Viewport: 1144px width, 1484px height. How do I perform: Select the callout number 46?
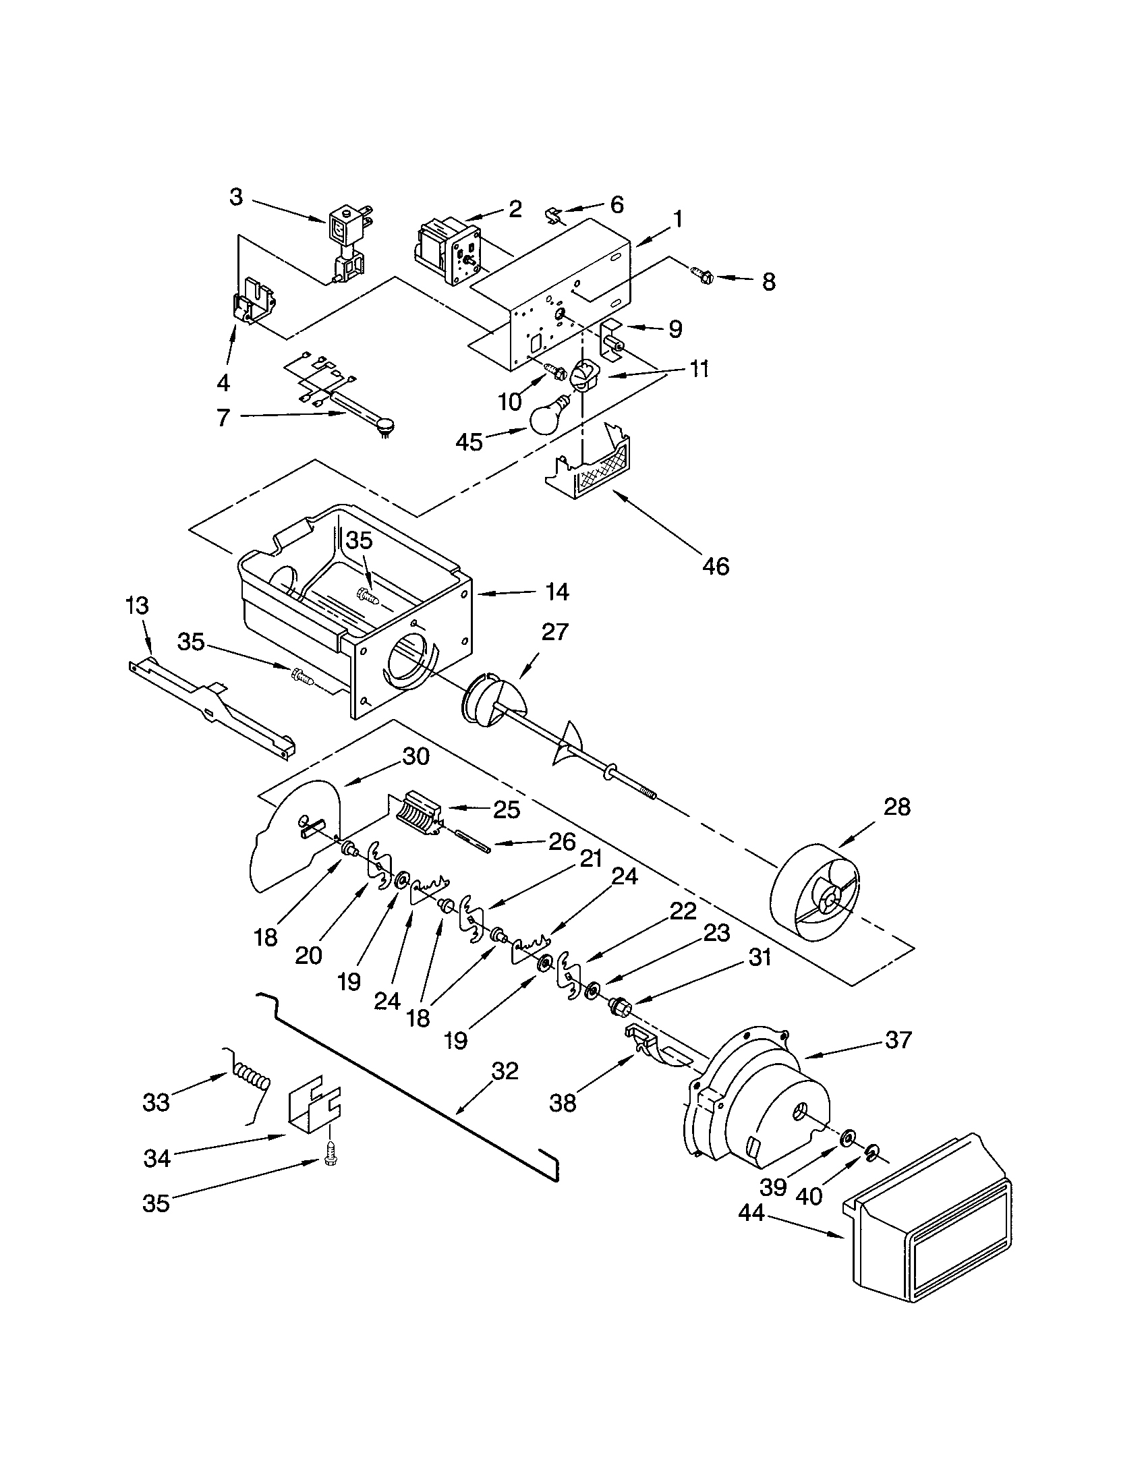coord(716,565)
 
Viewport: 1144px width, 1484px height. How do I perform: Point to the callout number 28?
coord(896,807)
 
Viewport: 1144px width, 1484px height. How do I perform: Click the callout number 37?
coord(898,1039)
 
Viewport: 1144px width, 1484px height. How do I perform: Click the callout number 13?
coord(137,606)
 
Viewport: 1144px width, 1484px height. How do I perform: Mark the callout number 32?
coord(504,1071)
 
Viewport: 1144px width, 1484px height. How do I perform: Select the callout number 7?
coord(224,416)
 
